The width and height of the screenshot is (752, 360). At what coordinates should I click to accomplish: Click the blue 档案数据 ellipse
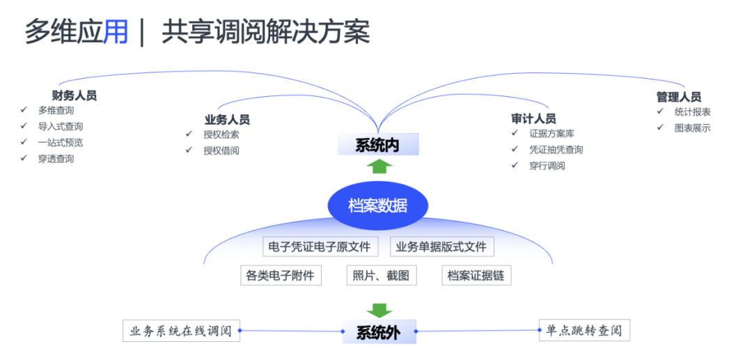[x=377, y=205]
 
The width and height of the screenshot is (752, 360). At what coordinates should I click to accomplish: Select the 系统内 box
[x=377, y=145]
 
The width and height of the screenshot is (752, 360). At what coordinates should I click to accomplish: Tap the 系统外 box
[x=379, y=332]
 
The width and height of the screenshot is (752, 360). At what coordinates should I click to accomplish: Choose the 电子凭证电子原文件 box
[x=320, y=246]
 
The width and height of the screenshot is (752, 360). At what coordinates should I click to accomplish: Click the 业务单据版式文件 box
[x=441, y=246]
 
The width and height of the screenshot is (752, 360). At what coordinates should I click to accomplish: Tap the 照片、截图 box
[x=381, y=275]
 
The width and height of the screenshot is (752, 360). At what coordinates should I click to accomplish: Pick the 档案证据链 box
[x=476, y=275]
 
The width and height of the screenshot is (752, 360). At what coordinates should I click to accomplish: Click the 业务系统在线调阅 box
[x=181, y=331]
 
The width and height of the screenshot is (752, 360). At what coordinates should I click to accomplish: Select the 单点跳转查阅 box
[x=584, y=331]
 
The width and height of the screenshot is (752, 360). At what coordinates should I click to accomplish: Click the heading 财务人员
[x=74, y=95]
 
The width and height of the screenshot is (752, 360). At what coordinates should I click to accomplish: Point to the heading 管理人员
[x=678, y=97]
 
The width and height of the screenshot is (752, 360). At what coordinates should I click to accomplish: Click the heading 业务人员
[x=227, y=120]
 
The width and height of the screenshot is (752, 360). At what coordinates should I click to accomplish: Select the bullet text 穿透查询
[x=56, y=158]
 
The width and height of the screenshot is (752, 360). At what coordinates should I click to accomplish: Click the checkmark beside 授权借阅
[x=189, y=150]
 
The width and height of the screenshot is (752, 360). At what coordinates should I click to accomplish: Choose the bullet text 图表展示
[x=692, y=127]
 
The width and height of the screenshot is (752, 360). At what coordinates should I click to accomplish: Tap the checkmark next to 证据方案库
[x=515, y=133]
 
